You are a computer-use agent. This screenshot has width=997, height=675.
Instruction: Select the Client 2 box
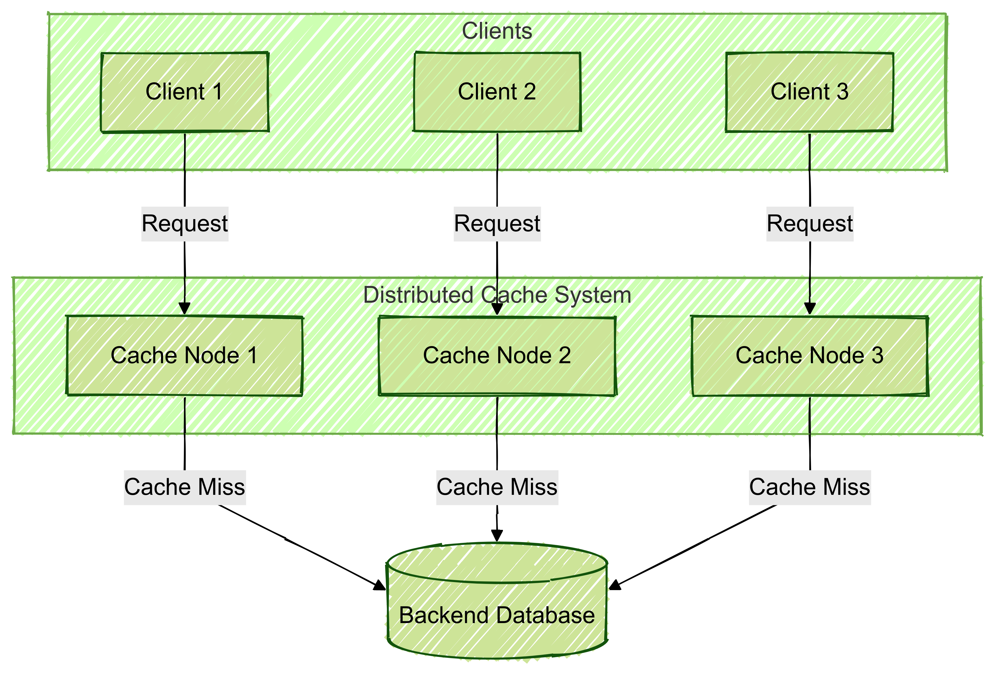pyautogui.click(x=497, y=92)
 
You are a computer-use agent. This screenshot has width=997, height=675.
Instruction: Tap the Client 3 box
pyautogui.click(x=810, y=92)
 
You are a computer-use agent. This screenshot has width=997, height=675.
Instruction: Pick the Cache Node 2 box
pyautogui.click(x=497, y=355)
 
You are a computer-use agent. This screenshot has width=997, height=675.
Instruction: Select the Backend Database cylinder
pyautogui.click(x=497, y=600)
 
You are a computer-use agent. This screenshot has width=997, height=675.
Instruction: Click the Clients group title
pyautogui.click(x=497, y=31)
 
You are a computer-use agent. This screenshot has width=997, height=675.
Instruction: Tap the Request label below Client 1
pyautogui.click(x=185, y=224)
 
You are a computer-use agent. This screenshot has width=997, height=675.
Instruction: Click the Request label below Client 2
pyautogui.click(x=497, y=224)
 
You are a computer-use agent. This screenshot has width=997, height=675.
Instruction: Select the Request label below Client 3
pyautogui.click(x=810, y=224)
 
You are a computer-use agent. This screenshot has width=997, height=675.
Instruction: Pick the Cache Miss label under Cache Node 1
pyautogui.click(x=185, y=488)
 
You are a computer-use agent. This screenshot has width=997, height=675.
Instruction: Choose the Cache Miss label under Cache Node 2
pyautogui.click(x=497, y=488)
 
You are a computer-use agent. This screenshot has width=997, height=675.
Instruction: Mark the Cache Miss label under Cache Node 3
pyautogui.click(x=810, y=488)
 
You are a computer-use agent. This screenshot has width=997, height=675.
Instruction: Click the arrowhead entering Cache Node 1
pyautogui.click(x=184, y=309)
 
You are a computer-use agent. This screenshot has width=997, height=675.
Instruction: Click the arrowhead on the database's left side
pyautogui.click(x=380, y=586)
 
